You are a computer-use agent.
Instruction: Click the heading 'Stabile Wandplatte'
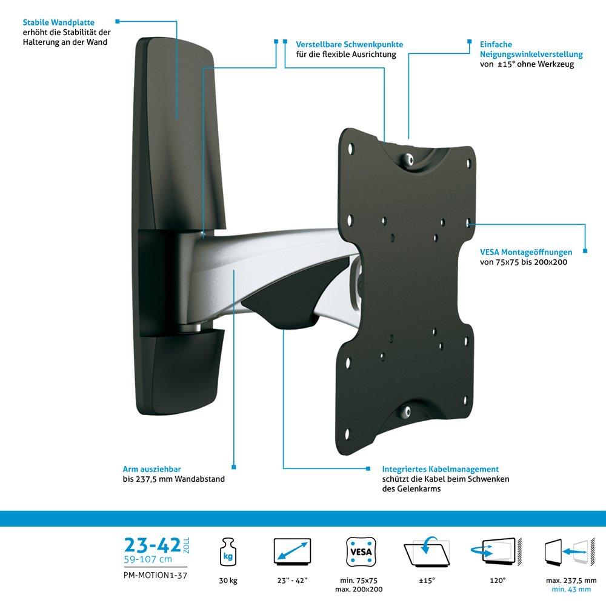point(59,23)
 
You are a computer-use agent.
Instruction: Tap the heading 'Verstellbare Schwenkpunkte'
point(350,45)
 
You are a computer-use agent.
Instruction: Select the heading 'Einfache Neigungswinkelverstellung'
point(531,50)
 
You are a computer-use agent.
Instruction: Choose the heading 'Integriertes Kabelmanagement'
point(441,469)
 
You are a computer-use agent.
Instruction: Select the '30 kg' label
point(228,581)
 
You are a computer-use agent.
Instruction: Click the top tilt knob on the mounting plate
point(410,159)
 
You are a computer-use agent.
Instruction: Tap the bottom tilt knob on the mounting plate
point(408,412)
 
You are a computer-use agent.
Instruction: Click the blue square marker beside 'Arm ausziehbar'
point(116,469)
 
